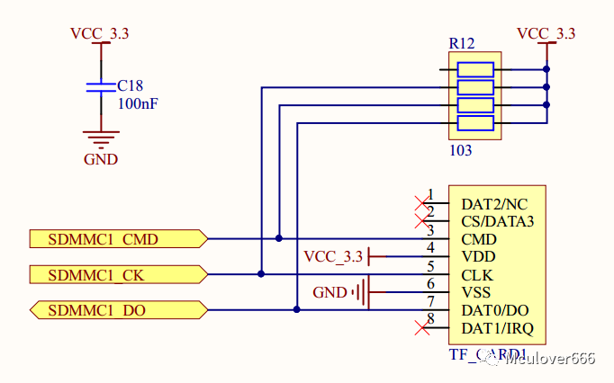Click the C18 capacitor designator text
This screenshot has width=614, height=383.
pos(131,86)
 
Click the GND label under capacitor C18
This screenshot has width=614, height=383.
pos(101,160)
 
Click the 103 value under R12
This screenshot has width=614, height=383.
pos(460,150)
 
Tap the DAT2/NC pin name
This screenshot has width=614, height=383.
pos(493,204)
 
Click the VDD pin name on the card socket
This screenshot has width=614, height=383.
pos(477,256)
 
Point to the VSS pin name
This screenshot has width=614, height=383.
pos(475,292)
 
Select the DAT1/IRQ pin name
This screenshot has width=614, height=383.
pos(498,327)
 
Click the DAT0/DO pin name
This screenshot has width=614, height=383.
pos(495,310)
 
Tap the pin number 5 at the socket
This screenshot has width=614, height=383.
pos(431,265)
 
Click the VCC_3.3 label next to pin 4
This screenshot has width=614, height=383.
pos(333,257)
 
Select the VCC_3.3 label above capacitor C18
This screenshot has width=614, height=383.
pos(99,34)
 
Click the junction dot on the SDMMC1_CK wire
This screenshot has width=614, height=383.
pos(261,273)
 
